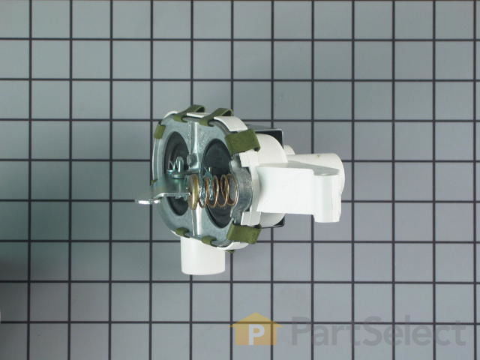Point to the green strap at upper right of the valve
(242, 141)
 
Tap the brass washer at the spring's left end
(193, 192)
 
